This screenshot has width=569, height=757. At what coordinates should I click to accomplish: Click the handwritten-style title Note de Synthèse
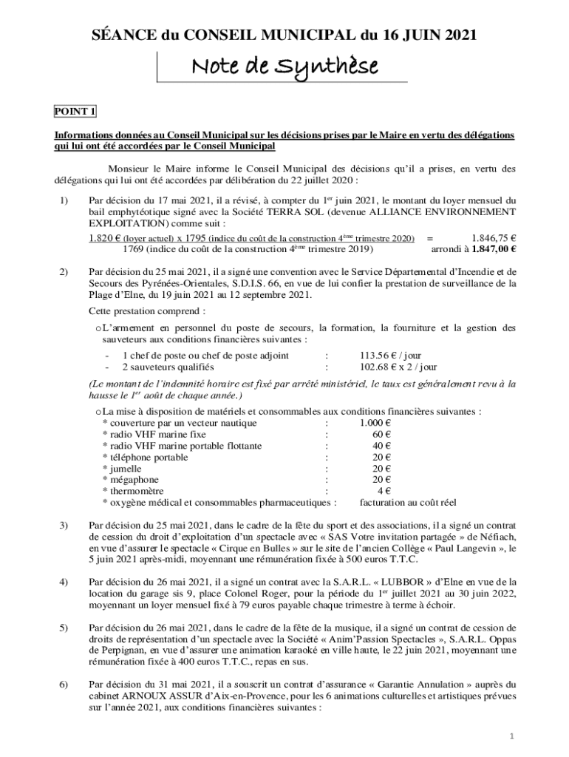click(284, 68)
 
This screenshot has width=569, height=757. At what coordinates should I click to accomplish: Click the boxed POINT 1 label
click(75, 112)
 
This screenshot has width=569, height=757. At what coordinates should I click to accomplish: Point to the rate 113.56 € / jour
click(390, 355)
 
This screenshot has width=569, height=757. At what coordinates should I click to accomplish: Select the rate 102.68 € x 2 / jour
click(398, 366)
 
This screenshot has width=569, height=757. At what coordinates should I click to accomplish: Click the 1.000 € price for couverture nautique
click(375, 423)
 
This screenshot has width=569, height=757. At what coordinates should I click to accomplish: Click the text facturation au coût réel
click(408, 503)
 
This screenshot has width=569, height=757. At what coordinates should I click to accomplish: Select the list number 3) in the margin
click(63, 525)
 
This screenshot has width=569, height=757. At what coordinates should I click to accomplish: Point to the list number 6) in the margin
click(63, 685)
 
